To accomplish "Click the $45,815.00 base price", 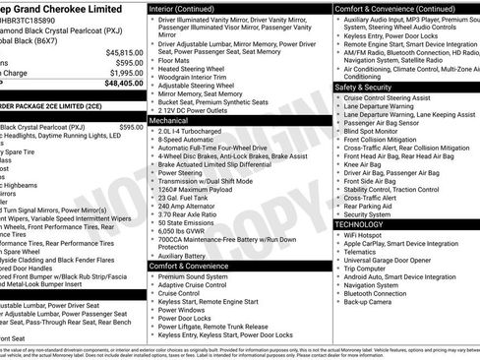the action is coord(122,52).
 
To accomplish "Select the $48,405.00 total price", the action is coord(122,84).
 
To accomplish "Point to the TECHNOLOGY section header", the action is coord(366,224).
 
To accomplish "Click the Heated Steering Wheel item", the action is coord(195,69).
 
